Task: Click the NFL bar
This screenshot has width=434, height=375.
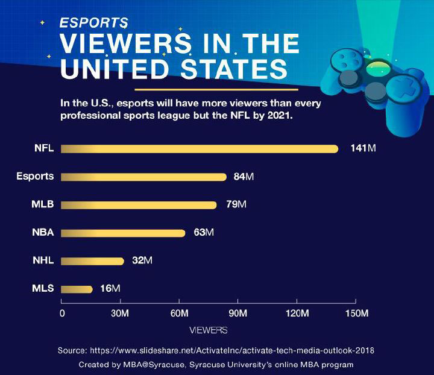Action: (x=199, y=149)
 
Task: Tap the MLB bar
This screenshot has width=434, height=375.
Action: (x=139, y=205)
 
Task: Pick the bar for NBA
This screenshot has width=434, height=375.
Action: (x=123, y=233)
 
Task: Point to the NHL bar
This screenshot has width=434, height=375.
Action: (x=92, y=261)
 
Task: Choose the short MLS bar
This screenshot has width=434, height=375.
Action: (x=77, y=289)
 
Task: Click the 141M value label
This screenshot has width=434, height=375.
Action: (x=363, y=149)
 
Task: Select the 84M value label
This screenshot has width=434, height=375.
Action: (x=244, y=177)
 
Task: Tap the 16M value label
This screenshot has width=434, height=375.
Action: (x=110, y=289)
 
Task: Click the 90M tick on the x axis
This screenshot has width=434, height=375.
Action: (x=238, y=314)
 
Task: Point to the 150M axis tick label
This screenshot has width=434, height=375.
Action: (x=355, y=314)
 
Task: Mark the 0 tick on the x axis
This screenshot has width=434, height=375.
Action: (x=62, y=314)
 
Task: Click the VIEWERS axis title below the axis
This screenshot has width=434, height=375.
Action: (x=208, y=330)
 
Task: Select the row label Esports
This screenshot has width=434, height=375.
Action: (x=35, y=177)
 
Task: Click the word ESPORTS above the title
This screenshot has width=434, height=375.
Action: (x=93, y=23)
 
